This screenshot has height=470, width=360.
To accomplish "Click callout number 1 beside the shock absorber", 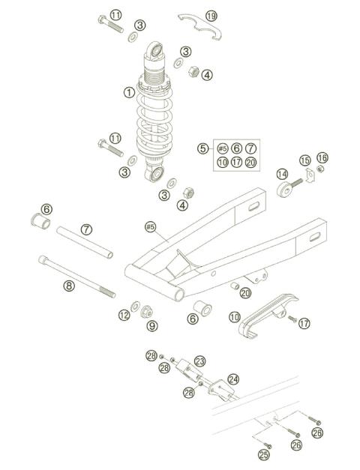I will pyautogui.click(x=129, y=93).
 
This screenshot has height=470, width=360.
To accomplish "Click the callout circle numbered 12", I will pyautogui.click(x=124, y=315).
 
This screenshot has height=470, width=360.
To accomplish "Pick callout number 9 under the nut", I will pyautogui.click(x=151, y=325).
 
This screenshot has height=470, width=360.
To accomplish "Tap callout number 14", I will pyautogui.click(x=283, y=174).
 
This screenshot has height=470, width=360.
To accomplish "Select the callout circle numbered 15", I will pyautogui.click(x=304, y=160).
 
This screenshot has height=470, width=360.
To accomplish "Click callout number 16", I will pyautogui.click(x=322, y=157).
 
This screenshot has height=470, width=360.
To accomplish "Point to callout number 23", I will pyautogui.click(x=199, y=361).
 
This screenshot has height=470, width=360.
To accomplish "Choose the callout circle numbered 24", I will pyautogui.click(x=233, y=379).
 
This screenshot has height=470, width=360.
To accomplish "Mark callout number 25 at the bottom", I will pyautogui.click(x=263, y=454).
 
